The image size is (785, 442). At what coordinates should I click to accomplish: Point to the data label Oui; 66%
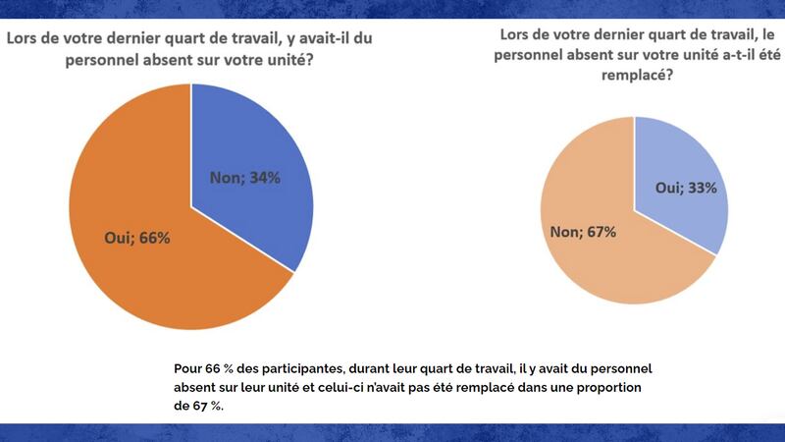[x=137, y=238]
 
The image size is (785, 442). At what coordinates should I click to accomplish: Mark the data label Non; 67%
[x=584, y=232]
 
